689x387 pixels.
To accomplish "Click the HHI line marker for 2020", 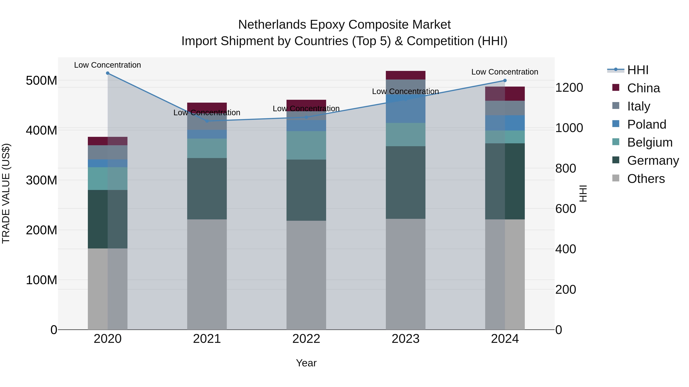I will pos(108,73).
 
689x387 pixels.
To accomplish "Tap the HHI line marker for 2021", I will pos(207,121).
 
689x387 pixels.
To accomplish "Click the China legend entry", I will pos(643,88).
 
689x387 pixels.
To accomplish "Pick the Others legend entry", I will pos(646,179).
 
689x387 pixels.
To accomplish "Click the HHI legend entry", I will pos(638,70).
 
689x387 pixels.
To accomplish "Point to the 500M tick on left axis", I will pos(42,80).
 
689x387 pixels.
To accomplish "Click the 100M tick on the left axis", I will pos(42,280).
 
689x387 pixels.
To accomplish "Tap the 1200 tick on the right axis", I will pos(569,88).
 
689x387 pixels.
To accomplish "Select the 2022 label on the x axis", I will pos(306,339).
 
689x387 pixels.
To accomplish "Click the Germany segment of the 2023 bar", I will pos(406,183).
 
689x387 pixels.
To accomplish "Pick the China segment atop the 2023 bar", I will pos(406,75).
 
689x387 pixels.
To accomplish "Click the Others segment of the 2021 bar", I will pos(207,274).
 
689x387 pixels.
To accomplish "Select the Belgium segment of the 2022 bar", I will pos(306,145).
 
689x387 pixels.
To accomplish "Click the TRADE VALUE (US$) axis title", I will pos(6,193).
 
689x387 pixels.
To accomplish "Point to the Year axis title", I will pos(306,363).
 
